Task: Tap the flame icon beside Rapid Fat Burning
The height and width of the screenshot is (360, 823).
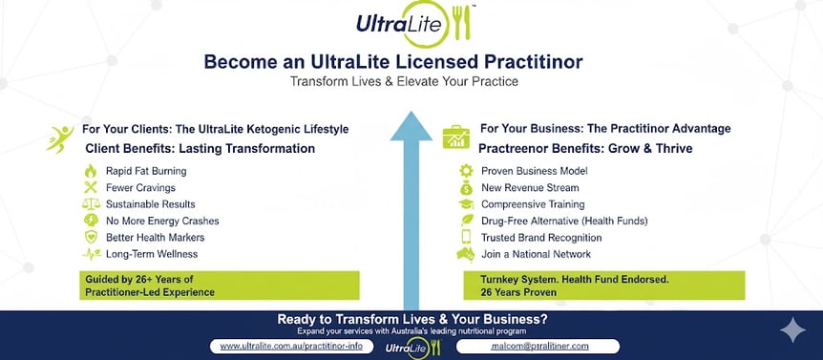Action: [92, 171]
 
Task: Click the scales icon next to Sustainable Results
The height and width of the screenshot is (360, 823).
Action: [92, 204]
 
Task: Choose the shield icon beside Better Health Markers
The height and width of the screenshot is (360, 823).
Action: [92, 237]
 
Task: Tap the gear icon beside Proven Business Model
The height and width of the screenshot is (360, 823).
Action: [467, 171]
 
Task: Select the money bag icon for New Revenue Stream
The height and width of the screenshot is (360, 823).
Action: [467, 187]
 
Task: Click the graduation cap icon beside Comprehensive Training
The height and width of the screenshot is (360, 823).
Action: [467, 204]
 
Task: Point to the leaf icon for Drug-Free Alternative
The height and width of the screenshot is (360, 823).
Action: [467, 221]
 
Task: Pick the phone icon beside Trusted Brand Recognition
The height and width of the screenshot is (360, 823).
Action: [467, 237]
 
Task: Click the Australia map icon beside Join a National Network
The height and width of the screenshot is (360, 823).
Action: [467, 254]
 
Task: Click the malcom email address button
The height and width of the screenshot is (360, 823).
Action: [538, 346]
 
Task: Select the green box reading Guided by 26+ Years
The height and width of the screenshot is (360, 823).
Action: [219, 286]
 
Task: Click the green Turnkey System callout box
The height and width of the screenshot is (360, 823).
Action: [601, 286]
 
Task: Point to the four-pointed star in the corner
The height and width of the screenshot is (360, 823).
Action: [791, 331]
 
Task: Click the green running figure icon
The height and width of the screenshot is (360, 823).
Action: [59, 138]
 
